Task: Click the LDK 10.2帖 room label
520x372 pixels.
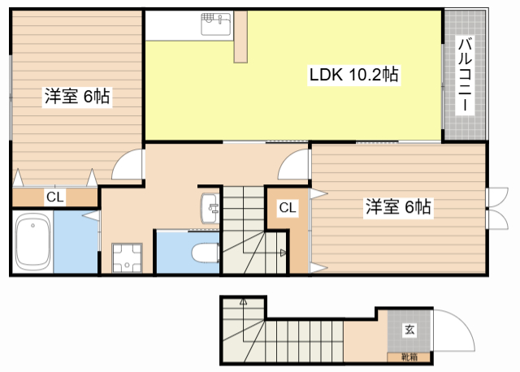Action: (x=354, y=75)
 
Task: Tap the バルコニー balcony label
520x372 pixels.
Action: (x=465, y=75)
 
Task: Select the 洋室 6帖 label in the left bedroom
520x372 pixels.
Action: (x=77, y=97)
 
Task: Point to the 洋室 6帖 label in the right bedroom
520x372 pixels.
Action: (x=398, y=207)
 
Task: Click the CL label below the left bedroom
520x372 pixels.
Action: (x=55, y=197)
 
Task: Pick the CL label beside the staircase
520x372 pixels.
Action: (x=288, y=208)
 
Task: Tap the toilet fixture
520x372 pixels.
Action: (x=206, y=253)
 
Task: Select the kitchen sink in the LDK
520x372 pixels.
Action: (x=216, y=24)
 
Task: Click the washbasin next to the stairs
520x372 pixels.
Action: (x=210, y=208)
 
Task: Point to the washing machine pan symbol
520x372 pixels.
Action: (x=127, y=258)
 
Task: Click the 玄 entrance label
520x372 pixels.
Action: (x=409, y=330)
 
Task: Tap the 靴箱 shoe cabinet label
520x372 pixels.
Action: (x=409, y=357)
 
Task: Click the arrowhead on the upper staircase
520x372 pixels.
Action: (x=283, y=253)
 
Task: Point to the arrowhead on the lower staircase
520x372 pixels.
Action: (x=244, y=301)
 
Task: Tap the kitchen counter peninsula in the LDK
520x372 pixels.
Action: (x=240, y=37)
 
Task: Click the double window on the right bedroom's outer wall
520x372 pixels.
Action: (x=496, y=208)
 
